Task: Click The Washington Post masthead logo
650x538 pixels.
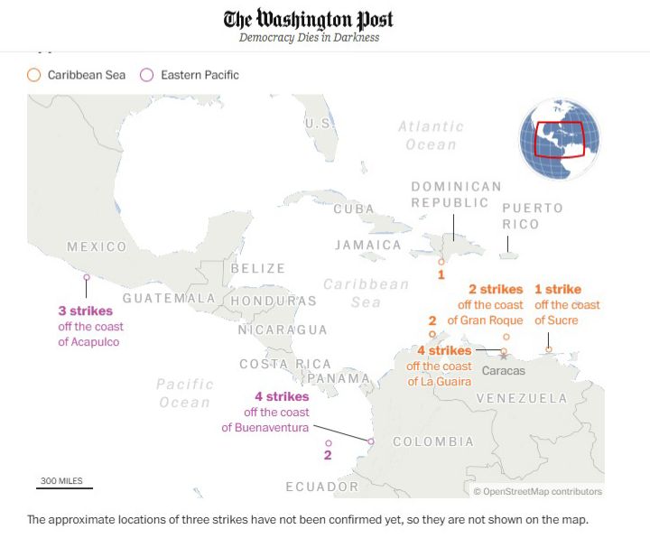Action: click(309, 20)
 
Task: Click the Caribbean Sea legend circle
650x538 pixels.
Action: click(34, 75)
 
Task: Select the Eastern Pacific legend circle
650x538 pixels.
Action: click(147, 75)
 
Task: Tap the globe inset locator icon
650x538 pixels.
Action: click(559, 139)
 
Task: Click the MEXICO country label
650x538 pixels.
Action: click(97, 247)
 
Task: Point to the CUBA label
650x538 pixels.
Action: click(353, 209)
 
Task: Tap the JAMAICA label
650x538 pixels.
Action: click(367, 245)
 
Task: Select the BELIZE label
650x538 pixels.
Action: click(257, 268)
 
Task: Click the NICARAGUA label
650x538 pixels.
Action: click(282, 329)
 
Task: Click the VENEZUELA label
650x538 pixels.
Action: click(522, 398)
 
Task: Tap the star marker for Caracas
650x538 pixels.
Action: click(503, 357)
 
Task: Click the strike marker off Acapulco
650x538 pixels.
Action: click(87, 278)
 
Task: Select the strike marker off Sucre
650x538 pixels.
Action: click(549, 349)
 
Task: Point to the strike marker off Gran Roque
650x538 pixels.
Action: click(506, 337)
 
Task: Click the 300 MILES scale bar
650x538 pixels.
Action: click(64, 487)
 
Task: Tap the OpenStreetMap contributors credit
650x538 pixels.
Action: click(537, 492)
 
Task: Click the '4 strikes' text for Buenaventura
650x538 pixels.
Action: click(282, 396)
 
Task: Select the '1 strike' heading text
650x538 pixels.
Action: click(558, 290)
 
